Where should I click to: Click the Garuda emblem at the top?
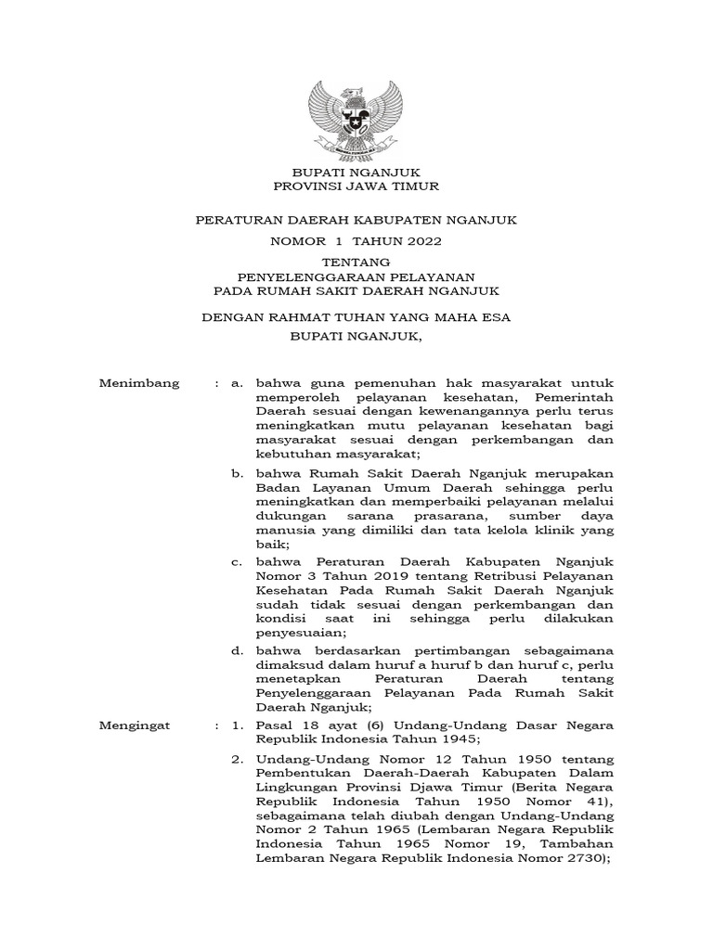(x=356, y=116)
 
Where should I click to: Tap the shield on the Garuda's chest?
(x=356, y=120)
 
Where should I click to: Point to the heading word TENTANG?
(x=356, y=263)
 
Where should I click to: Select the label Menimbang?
(x=139, y=382)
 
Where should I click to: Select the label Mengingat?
(x=136, y=725)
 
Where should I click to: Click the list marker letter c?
(x=238, y=562)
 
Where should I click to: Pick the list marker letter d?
(x=238, y=651)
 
